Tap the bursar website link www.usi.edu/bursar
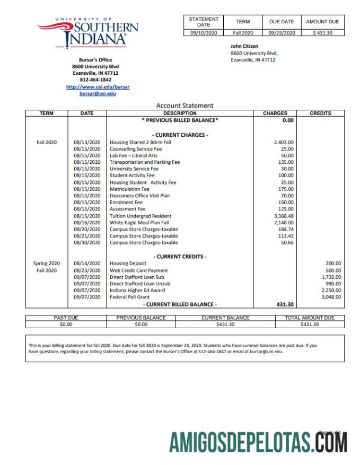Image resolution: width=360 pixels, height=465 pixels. coord(98,86)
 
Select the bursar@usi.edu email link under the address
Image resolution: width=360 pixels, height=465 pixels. coord(98,93)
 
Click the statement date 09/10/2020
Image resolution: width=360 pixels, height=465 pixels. coord(204,33)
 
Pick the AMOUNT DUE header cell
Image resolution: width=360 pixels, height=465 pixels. coord(322,22)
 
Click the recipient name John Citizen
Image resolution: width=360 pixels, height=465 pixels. coord(244,46)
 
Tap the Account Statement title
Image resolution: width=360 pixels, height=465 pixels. coord(185,106)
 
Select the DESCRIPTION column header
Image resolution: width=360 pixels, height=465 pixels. coord(180,113)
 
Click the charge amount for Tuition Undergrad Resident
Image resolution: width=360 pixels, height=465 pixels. coord(284,216)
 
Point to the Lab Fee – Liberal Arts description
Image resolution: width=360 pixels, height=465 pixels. coord(133,155)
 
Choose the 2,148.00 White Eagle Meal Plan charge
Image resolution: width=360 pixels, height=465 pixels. coord(284,223)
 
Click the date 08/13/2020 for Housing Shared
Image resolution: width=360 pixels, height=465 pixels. coord(87,142)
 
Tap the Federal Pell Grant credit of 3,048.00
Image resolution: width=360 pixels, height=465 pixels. coord(331,297)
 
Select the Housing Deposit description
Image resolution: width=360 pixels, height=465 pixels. coord(129,263)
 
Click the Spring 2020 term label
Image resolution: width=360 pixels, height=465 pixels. coord(47,263)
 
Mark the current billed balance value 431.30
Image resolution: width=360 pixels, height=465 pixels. coord(285,304)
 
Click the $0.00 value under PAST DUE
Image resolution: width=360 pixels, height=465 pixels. coord(66,324)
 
